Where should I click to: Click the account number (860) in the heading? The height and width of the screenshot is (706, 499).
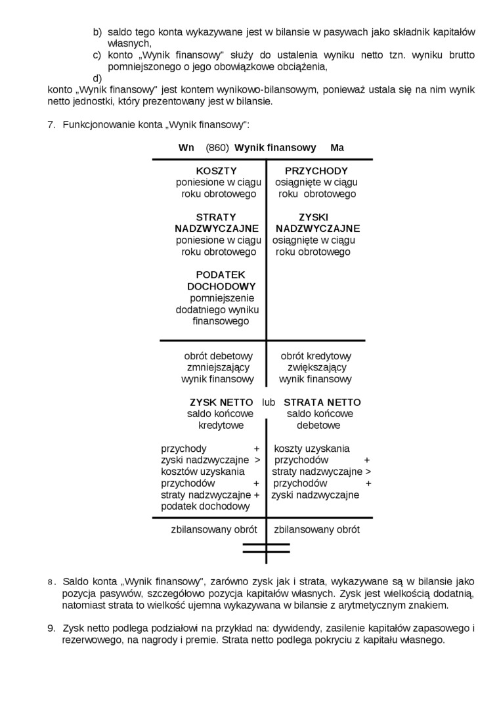coord(217,148)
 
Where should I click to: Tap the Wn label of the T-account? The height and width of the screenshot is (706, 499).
coord(186,148)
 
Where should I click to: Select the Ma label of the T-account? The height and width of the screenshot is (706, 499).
coord(337,148)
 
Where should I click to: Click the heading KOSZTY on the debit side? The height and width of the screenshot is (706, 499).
coord(216,171)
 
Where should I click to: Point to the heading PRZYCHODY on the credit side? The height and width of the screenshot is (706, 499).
coord(316,171)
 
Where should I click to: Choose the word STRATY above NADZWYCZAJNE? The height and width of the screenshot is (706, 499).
coord(215,217)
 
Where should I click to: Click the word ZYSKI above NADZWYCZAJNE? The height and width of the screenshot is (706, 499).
coord(313,217)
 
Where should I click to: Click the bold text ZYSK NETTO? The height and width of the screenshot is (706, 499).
coord(221,402)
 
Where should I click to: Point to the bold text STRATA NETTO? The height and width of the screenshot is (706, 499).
coord(322,402)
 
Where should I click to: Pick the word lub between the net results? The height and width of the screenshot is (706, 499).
coord(268,402)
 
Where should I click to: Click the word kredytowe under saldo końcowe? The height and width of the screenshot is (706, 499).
coord(221,426)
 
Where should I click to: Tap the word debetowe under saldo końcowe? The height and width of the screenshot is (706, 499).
coord(318,426)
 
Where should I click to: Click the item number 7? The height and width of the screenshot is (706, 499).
coord(51,125)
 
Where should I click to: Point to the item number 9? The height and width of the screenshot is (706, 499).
coord(51,628)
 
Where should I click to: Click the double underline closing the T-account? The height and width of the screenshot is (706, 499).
coord(266,548)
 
